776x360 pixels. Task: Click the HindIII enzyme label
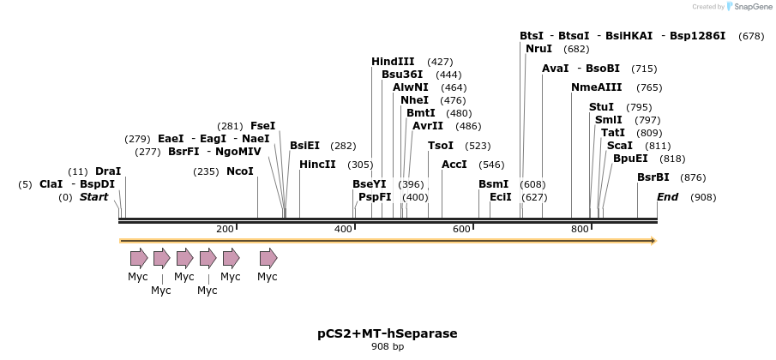coord(393,62)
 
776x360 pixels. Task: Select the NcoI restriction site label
coord(240,171)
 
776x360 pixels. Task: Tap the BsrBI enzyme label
coord(653,177)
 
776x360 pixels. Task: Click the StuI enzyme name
coord(602,107)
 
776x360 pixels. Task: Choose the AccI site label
coord(454,165)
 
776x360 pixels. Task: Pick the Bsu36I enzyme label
coord(402,75)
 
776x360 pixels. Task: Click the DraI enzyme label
coord(108,171)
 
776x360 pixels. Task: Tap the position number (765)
coord(649,87)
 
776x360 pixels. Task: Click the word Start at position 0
coord(94,197)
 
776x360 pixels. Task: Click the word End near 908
coord(668,197)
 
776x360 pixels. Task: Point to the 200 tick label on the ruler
coord(226,229)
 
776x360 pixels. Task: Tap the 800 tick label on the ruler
coord(580,229)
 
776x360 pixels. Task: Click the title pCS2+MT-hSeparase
coord(388,333)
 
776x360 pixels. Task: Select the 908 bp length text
coord(388,347)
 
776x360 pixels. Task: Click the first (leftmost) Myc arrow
coord(139,258)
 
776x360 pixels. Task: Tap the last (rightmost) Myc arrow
coord(268,258)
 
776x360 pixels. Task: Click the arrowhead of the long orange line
coord(653,241)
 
